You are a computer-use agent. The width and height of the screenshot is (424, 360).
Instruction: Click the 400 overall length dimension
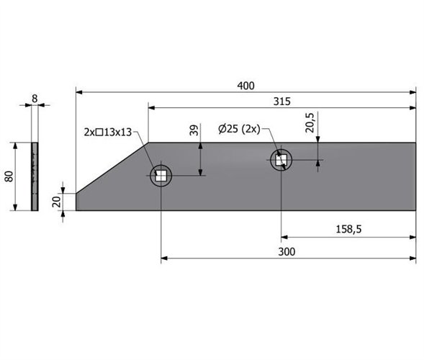tap(245, 86)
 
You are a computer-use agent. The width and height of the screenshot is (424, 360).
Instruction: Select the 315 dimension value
tap(281, 102)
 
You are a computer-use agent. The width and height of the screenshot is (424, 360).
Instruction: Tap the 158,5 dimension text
tap(348, 230)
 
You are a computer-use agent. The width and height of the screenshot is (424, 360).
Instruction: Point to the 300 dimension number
tap(287, 252)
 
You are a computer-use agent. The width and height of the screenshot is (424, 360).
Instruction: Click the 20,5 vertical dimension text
tap(310, 122)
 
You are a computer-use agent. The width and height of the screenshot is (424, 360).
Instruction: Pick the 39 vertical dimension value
tap(194, 130)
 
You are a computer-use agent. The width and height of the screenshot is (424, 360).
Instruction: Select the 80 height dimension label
tap(9, 176)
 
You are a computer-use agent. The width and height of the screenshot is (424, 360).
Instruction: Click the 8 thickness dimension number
tap(35, 99)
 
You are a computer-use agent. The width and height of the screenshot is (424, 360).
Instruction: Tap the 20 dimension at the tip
tap(57, 202)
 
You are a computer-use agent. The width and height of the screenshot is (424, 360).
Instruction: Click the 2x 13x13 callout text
tap(108, 132)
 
